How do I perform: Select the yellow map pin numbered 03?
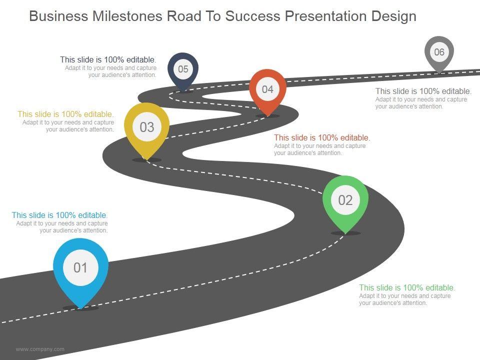[x=146, y=127]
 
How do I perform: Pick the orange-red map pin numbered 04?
[x=268, y=89]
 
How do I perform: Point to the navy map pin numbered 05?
[x=183, y=69]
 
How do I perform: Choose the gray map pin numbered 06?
[x=439, y=52]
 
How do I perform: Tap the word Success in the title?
[x=251, y=16]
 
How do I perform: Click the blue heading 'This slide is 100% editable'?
[x=59, y=215]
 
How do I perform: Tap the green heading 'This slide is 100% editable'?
[x=407, y=288]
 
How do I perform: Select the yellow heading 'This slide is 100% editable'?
[x=65, y=114]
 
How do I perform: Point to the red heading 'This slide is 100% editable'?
[x=322, y=137]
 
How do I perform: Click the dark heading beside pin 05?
[x=108, y=59]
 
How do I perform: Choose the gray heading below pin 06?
[x=423, y=91]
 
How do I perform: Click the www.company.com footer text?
[x=40, y=349]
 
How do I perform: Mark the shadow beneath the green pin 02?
[x=345, y=233]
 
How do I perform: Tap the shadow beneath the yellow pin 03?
[x=146, y=160]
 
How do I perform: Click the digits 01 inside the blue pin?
[x=80, y=268]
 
